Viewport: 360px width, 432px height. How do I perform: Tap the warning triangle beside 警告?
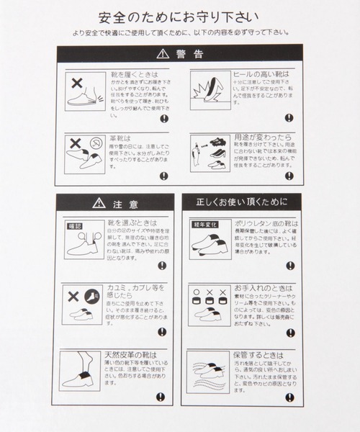click(161, 54)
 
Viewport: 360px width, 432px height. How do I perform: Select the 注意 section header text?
click(124, 203)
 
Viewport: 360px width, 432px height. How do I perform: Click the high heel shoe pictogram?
click(207, 90)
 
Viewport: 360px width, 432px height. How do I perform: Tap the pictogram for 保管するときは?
click(207, 374)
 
